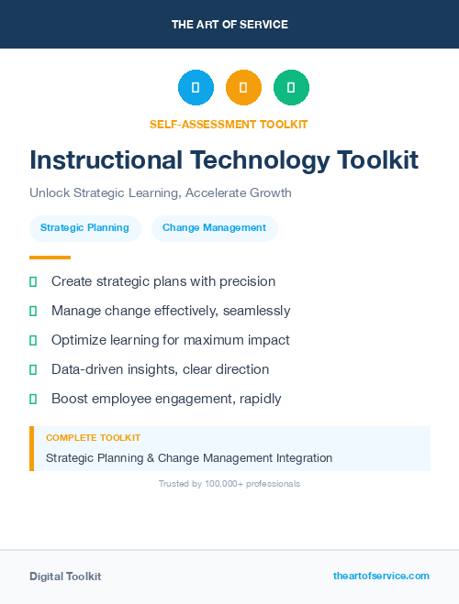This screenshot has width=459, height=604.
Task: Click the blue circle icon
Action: coord(196,88)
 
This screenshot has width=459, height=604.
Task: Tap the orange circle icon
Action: coord(243,88)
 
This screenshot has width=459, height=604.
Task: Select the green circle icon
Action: coord(291,88)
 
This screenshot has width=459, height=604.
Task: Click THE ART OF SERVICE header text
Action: coord(229,25)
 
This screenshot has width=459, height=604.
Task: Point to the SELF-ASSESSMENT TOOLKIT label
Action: coord(229,124)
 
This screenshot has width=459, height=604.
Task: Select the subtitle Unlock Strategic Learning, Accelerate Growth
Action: coord(160,193)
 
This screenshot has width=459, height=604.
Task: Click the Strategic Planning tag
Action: coord(84,227)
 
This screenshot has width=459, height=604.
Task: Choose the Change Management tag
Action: coord(214,227)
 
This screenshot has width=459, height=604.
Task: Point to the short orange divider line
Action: coord(50,258)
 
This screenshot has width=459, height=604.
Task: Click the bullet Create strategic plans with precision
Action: coord(163,281)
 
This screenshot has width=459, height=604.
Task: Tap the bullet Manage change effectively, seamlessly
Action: coord(171,311)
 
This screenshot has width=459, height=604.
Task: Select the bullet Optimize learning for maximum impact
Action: coord(170,340)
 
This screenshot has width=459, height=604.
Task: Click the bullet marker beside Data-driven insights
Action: coord(33,369)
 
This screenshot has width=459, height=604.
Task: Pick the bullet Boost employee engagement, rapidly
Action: coord(166,399)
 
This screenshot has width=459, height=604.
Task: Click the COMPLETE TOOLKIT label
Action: coord(93,438)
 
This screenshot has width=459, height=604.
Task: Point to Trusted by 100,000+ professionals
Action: coord(229,483)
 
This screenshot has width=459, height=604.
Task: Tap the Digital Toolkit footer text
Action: coord(65,576)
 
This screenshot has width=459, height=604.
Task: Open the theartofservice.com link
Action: coord(381,576)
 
